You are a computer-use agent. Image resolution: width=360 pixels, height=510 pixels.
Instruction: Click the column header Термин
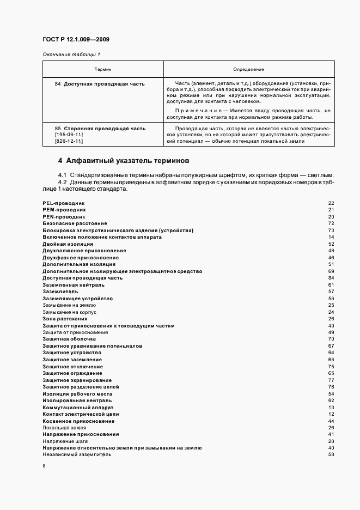(x=102, y=70)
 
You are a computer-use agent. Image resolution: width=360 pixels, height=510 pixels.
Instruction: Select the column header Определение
(x=248, y=70)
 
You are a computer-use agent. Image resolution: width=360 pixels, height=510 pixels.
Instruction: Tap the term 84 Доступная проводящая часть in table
(x=100, y=84)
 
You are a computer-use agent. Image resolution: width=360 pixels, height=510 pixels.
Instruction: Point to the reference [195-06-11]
(x=68, y=135)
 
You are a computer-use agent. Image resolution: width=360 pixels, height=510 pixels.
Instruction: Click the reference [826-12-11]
(x=68, y=141)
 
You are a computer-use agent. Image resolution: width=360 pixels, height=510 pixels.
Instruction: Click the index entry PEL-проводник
(x=63, y=203)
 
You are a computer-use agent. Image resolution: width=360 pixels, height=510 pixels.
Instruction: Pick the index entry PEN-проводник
(x=63, y=216)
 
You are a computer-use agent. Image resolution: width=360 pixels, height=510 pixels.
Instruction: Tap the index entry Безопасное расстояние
(x=75, y=223)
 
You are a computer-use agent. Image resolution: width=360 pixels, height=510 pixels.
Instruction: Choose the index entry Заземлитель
(x=60, y=292)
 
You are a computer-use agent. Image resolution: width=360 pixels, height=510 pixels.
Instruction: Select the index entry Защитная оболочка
(x=69, y=339)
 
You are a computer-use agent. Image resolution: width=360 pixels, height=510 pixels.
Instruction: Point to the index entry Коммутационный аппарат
(x=78, y=407)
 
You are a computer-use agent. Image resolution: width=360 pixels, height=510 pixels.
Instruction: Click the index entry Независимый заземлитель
(x=77, y=454)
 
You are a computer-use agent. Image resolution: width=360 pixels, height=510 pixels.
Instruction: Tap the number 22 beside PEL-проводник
(x=331, y=203)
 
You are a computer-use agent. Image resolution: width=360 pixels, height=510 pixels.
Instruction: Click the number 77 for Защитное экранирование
(x=331, y=380)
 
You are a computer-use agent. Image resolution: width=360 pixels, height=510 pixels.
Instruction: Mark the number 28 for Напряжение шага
(x=331, y=441)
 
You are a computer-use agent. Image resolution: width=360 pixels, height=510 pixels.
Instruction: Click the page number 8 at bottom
(x=44, y=466)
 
